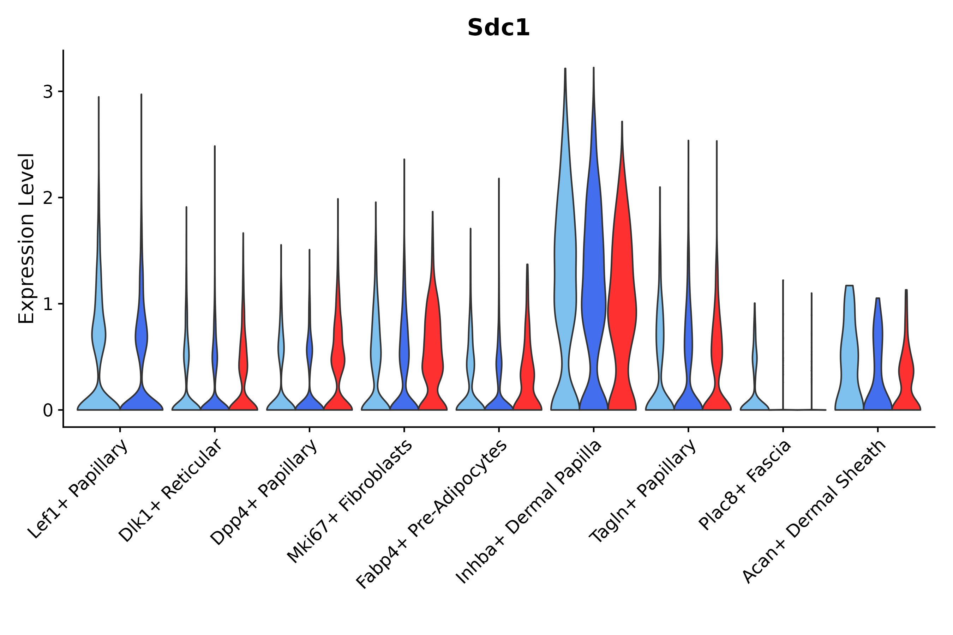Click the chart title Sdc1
tap(498, 28)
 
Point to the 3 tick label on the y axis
tap(48, 92)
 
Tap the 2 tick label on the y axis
tap(48, 198)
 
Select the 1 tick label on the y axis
tap(48, 304)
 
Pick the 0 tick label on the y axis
tap(48, 410)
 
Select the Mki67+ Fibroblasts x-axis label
tap(350, 501)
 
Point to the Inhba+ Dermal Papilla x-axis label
tap(529, 512)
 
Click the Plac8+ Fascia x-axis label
tap(745, 485)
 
